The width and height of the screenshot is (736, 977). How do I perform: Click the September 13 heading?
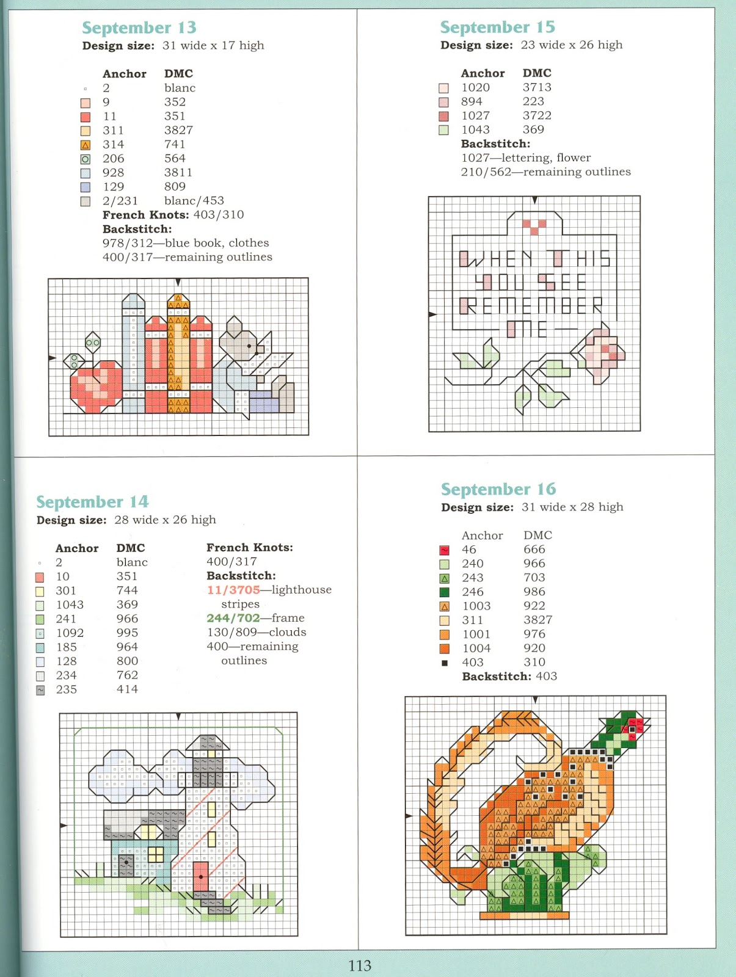click(x=139, y=27)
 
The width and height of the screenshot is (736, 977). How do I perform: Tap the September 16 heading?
click(x=498, y=489)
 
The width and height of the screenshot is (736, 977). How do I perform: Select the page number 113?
click(x=360, y=965)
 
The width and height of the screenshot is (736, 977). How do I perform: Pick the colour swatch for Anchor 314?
click(x=86, y=145)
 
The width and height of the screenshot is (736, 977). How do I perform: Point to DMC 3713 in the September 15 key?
click(x=537, y=87)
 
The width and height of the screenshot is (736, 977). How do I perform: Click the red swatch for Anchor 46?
click(x=444, y=550)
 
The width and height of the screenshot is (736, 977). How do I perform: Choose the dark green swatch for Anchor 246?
click(x=444, y=592)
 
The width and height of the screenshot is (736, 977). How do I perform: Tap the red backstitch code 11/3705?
click(x=233, y=590)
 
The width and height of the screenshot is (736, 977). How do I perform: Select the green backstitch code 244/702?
click(x=233, y=618)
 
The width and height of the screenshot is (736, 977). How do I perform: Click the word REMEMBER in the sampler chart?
click(x=531, y=305)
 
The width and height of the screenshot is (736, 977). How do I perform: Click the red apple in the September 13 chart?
click(x=97, y=384)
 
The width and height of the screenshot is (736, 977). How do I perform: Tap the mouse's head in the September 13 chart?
click(x=241, y=342)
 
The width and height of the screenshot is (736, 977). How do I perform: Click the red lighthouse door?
click(x=201, y=876)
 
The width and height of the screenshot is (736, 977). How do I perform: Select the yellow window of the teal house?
click(x=156, y=853)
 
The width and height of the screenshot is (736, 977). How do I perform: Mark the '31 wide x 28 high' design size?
click(x=572, y=507)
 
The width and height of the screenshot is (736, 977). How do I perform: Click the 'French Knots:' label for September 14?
click(x=249, y=547)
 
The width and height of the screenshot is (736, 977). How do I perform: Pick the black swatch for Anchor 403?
click(x=445, y=663)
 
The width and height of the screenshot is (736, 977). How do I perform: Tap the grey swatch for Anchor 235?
click(x=40, y=690)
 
